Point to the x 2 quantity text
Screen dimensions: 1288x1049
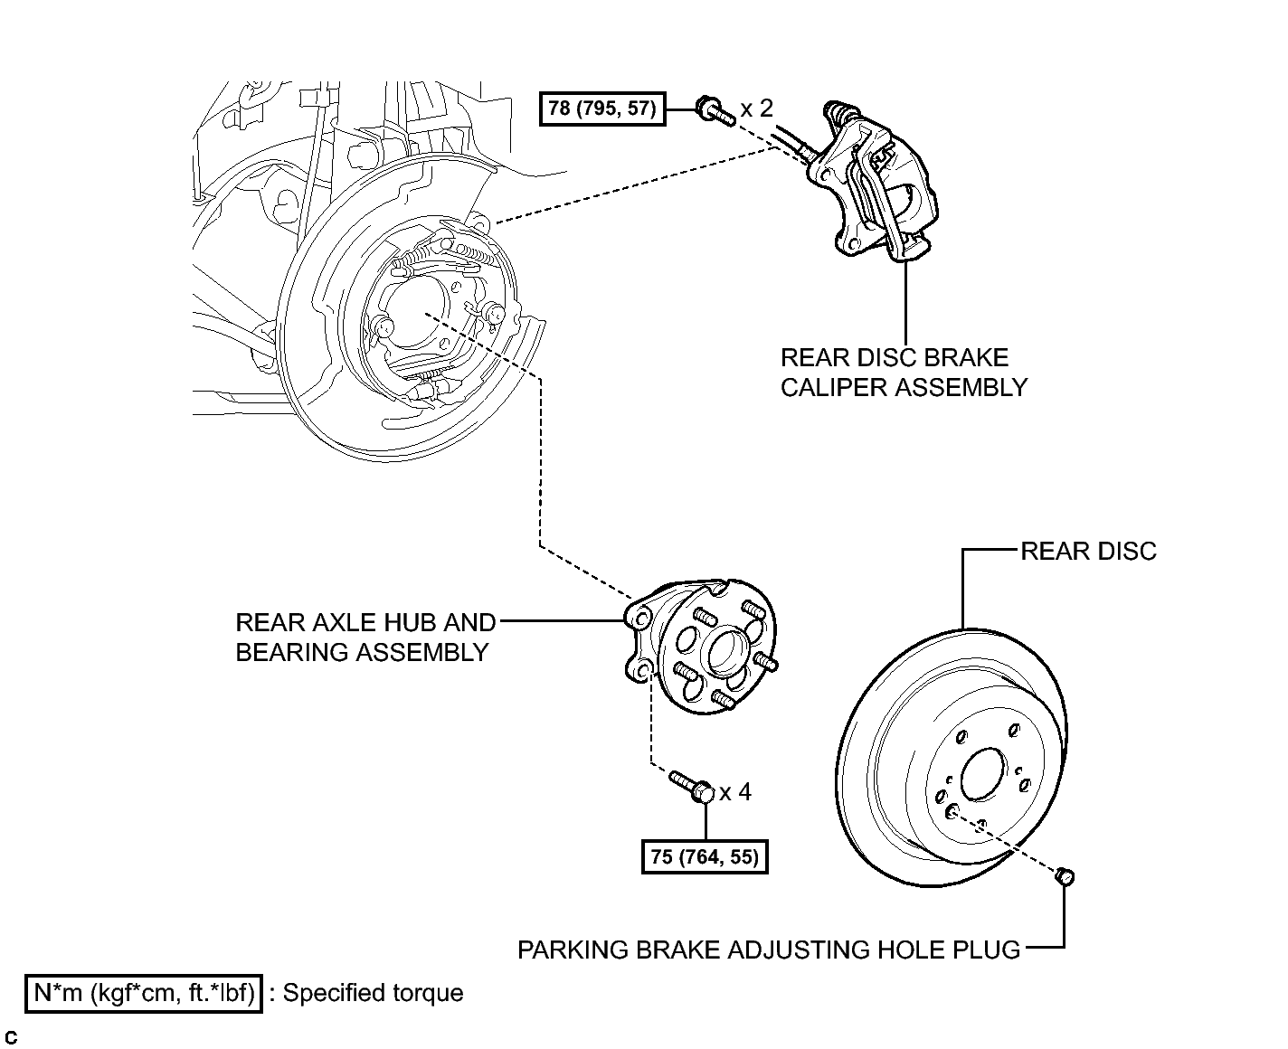point(756,109)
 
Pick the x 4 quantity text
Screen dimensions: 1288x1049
point(735,792)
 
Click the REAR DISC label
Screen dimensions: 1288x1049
point(1088,551)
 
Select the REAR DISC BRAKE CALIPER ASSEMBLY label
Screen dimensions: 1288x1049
point(904,373)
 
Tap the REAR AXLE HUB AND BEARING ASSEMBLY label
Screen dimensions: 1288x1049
point(365,638)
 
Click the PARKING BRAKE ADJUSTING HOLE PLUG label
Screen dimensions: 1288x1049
point(769,950)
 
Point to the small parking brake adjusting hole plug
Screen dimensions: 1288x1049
point(1065,875)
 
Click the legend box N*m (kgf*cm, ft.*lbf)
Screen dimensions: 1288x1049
point(144,993)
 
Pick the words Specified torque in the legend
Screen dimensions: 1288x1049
point(373,993)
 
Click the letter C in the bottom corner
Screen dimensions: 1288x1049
point(11,1038)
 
